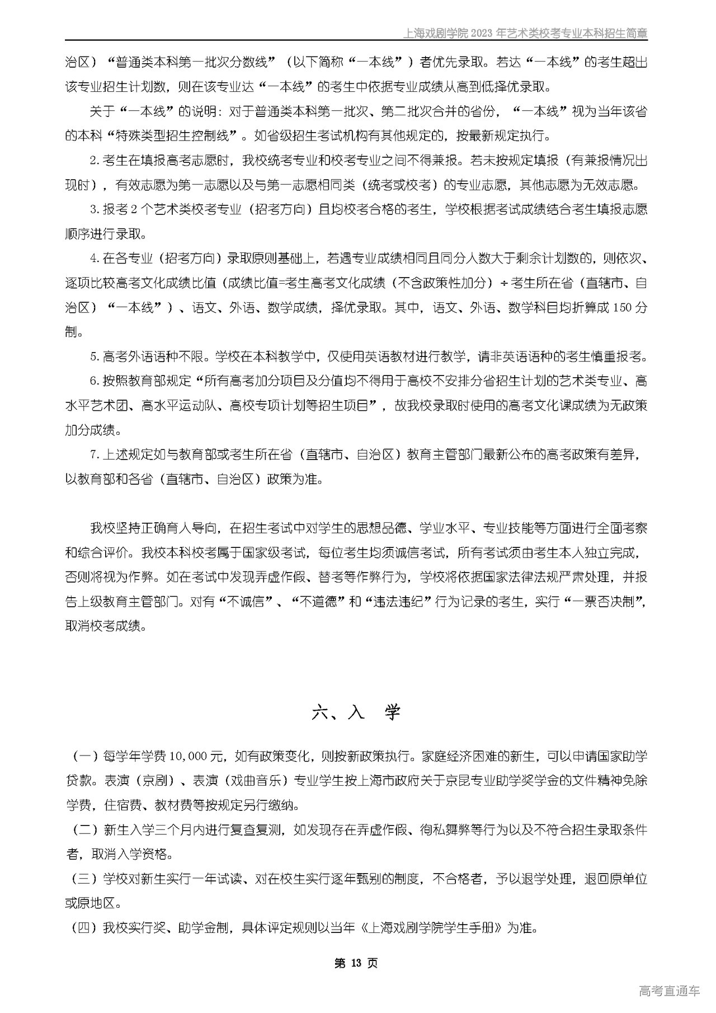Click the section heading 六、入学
tap(356, 712)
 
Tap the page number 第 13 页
tap(356, 963)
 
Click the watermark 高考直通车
tap(669, 991)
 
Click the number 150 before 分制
tap(623, 307)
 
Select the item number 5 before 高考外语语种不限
tap(94, 357)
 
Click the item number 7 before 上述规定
tap(94, 454)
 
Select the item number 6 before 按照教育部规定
tap(94, 381)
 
